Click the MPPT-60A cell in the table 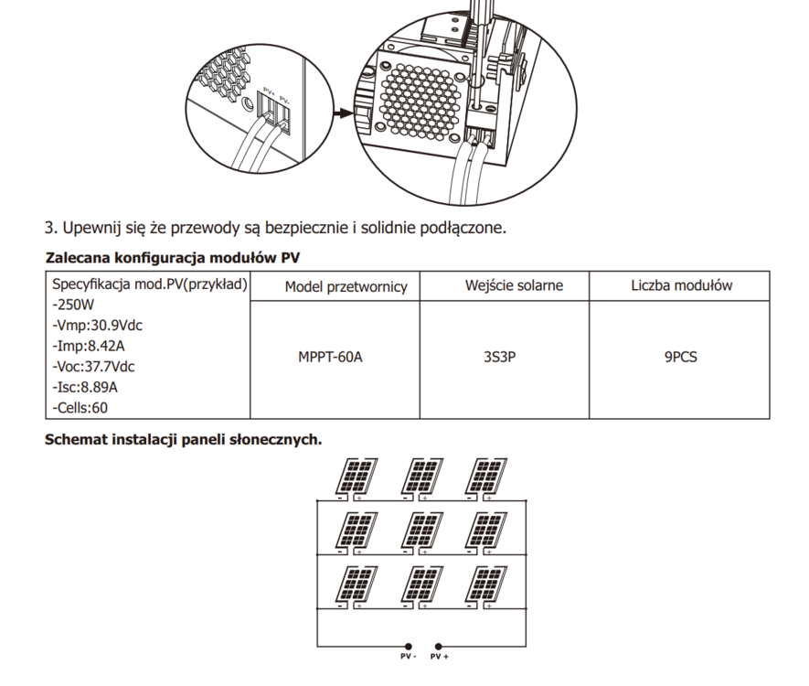click(330, 357)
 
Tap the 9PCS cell click(681, 357)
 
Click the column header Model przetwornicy click(346, 287)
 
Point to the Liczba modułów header click(681, 286)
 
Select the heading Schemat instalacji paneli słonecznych click(183, 439)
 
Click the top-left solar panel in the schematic click(354, 476)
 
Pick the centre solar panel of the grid click(420, 530)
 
